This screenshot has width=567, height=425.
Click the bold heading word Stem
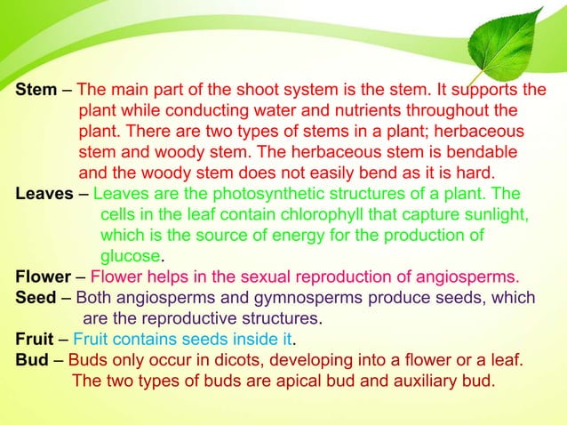point(36,91)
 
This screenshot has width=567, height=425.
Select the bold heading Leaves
point(44,194)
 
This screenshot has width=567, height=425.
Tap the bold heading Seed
point(36,298)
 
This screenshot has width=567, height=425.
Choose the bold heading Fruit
point(36,340)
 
